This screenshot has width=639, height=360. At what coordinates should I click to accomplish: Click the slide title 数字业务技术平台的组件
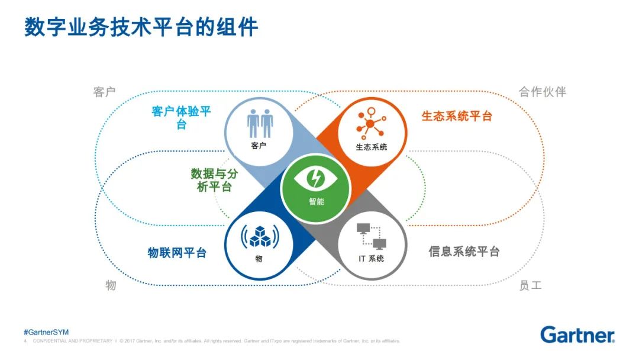coord(141,27)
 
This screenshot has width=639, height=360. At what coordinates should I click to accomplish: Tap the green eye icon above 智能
coord(316,178)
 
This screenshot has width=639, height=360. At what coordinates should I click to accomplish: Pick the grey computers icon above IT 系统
coord(372,236)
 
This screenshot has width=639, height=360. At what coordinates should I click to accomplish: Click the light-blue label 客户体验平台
coord(181,118)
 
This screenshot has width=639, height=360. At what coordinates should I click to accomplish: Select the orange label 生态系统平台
coord(456,116)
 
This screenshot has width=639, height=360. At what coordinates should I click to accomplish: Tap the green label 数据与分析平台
coord(211,180)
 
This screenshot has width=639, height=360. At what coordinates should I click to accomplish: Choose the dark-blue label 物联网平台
coord(177,253)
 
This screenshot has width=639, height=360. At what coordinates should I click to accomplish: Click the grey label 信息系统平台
coord(464,252)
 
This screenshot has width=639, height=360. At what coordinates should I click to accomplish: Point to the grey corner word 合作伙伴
coord(543,92)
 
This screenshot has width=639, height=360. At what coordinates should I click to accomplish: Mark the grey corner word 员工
coord(530,285)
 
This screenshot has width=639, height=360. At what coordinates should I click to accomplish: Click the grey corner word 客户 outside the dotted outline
coord(104,92)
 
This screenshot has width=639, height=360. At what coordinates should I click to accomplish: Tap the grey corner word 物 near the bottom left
coord(111,285)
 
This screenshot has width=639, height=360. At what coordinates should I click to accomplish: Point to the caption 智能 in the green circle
coord(316,201)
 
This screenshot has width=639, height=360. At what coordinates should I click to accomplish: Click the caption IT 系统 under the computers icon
coord(371,259)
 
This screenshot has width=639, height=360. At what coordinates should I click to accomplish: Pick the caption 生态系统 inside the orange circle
coord(371,146)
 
